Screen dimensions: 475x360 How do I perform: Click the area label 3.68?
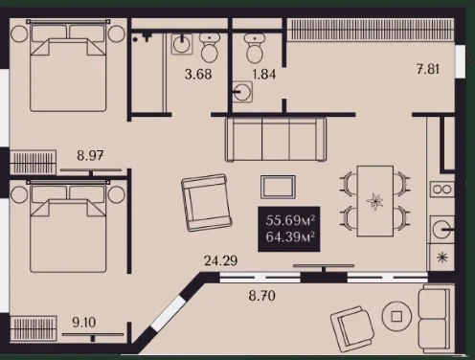coord(198,75)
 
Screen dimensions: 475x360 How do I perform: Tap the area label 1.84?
coord(264,75)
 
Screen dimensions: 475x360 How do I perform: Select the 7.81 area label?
coord(428,69)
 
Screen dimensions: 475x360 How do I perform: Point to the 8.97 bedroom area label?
coord(90,156)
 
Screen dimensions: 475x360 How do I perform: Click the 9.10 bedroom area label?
coord(84,323)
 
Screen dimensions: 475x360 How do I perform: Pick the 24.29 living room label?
coord(220,260)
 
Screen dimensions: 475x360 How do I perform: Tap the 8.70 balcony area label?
coord(261,296)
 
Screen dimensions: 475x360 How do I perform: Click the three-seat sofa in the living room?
coord(276,139)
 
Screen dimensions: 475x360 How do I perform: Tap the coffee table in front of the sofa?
coord(278,187)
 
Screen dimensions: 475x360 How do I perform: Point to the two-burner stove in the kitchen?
coord(442,190)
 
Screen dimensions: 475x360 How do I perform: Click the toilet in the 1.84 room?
coord(255,48)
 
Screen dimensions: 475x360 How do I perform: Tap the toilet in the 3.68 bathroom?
coord(210,48)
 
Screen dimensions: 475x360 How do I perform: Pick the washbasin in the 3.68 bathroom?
coord(182,44)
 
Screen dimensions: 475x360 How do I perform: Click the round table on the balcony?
coord(396,316)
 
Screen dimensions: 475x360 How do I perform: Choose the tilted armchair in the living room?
coord(207,203)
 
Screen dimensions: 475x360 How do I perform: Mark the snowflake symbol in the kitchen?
coord(442,258)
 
